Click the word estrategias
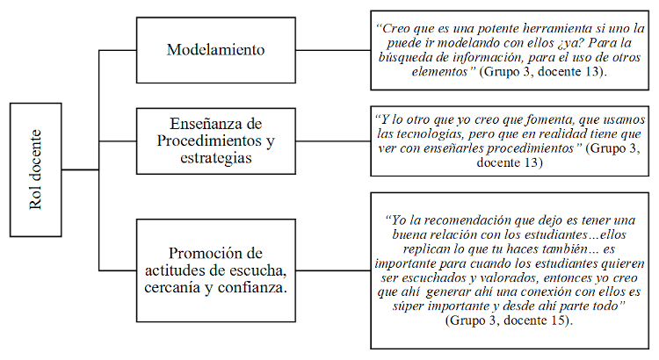point(214,158)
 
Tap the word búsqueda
point(406,57)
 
